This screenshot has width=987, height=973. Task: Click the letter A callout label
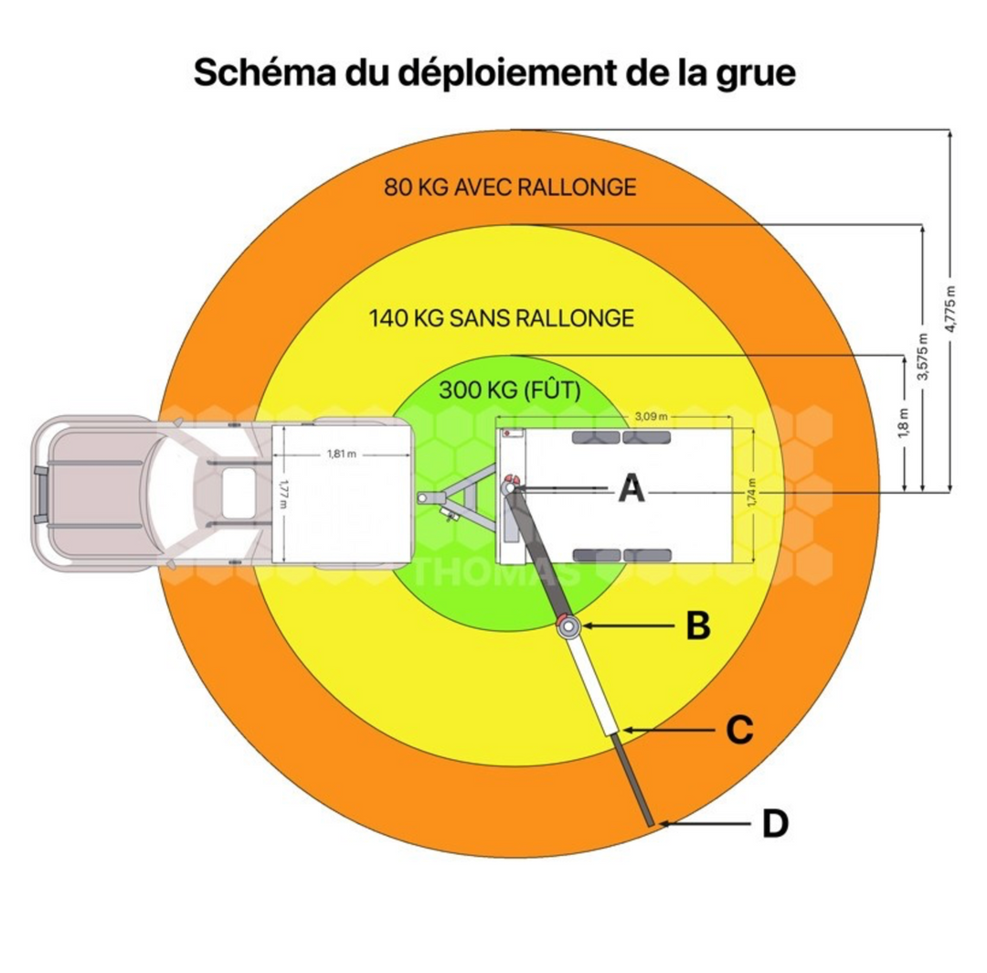tap(631, 490)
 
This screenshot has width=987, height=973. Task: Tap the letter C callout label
tap(739, 730)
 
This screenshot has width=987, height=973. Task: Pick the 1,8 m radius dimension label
tap(902, 422)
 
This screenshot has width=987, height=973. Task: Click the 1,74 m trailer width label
tap(751, 495)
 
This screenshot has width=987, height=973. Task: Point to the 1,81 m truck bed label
tap(338, 454)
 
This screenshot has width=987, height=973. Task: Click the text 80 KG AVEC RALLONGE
tap(510, 187)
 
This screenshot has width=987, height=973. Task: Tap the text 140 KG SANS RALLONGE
tap(501, 318)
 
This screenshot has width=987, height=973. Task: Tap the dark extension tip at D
tap(650, 820)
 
